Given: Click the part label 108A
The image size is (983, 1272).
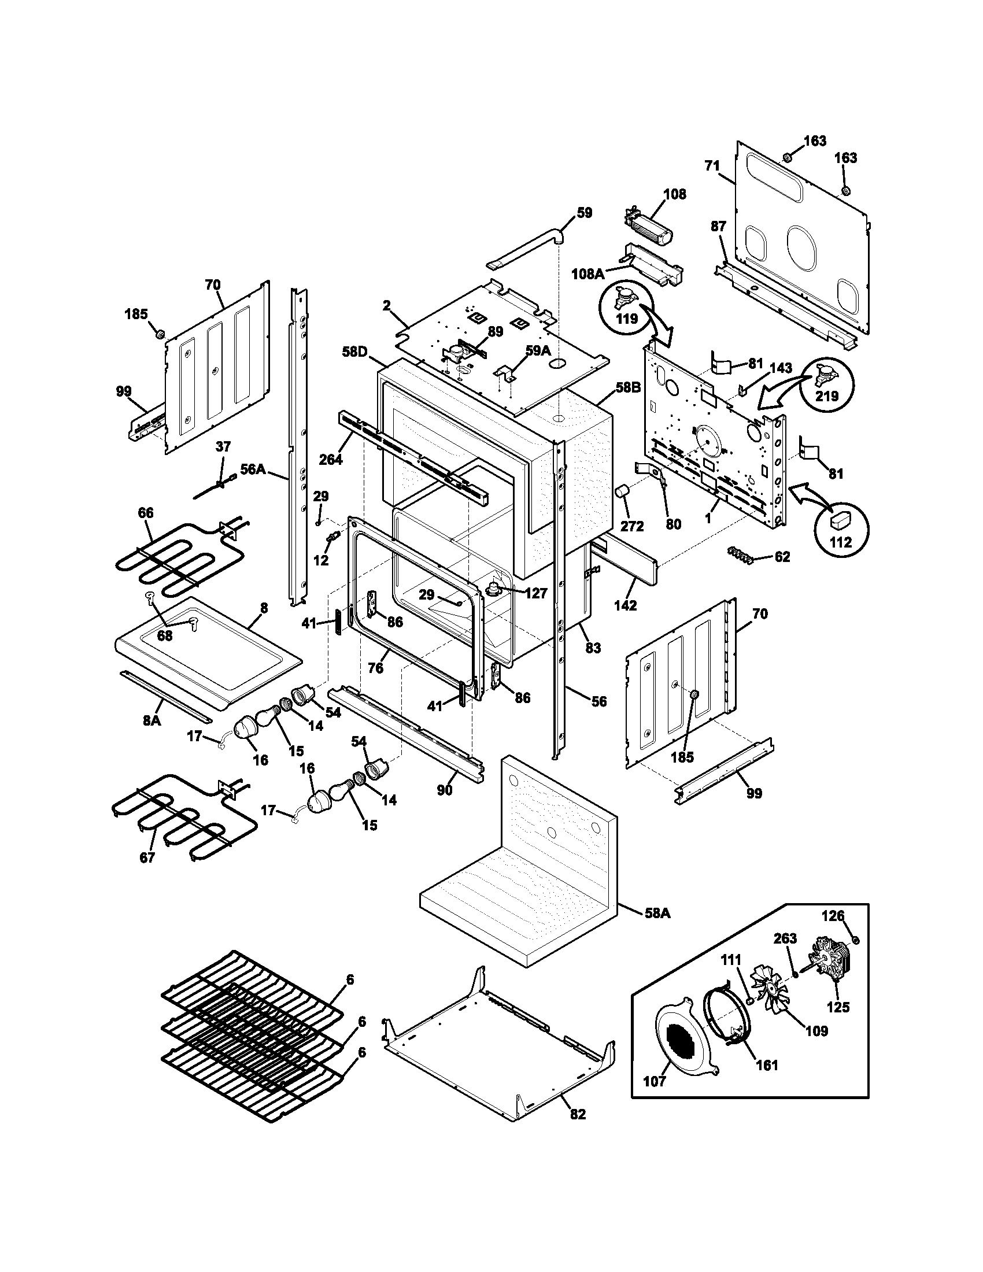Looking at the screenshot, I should (x=587, y=273).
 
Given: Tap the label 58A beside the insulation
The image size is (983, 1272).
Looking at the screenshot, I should (x=657, y=914).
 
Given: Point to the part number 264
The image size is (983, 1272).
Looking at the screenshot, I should (x=331, y=460).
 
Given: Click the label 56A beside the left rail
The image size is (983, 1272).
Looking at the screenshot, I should (x=253, y=469).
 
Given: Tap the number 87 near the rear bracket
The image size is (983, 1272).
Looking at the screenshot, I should (x=719, y=227).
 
